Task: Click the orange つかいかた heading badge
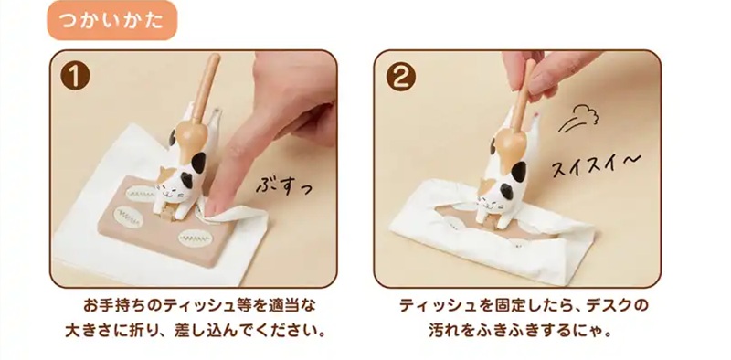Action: point(111,20)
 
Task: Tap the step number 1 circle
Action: point(75,76)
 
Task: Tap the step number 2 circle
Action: point(401,77)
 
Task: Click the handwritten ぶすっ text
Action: point(283,185)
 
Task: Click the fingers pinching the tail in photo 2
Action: point(536,75)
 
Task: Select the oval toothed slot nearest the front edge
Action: point(195,238)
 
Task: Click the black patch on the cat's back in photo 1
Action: point(199,162)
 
